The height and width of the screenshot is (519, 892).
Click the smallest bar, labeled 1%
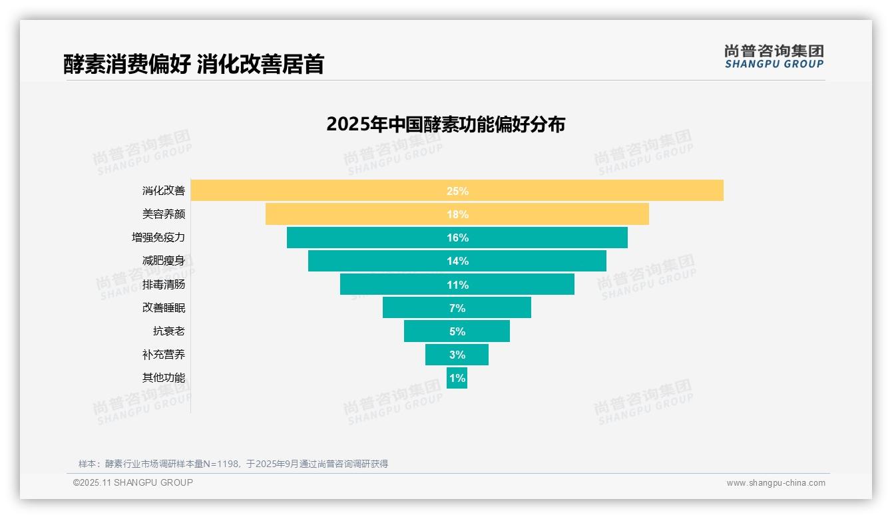tap(457, 378)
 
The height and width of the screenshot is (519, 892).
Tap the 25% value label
tap(457, 191)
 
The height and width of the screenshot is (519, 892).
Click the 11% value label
tap(457, 285)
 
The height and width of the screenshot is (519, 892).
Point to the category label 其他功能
tap(163, 378)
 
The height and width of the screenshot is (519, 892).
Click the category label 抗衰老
tap(169, 331)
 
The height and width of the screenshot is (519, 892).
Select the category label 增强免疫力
tap(158, 238)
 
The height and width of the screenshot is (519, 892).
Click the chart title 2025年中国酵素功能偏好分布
tap(445, 124)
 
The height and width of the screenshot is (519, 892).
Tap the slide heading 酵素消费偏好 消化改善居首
tap(194, 64)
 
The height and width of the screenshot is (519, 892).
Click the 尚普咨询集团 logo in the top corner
tap(774, 57)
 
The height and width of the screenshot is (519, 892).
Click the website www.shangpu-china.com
tap(776, 483)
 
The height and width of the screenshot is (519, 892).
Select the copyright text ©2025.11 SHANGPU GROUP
tap(133, 482)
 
